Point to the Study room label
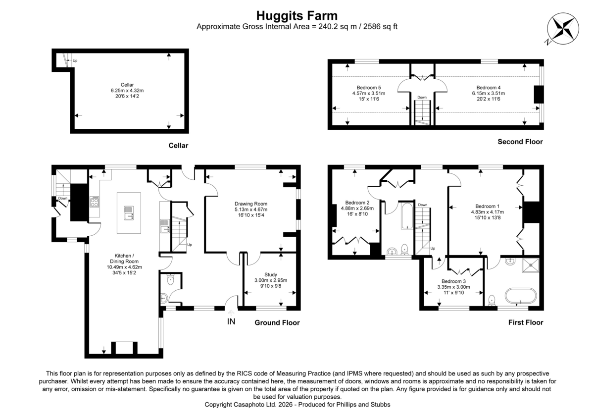[271, 274]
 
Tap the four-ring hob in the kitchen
[94, 202]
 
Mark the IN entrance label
[231, 321]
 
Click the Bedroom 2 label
[357, 203]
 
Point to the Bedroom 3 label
[453, 281]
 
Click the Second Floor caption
[520, 142]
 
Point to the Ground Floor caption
[277, 322]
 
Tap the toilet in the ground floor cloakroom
[170, 280]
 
